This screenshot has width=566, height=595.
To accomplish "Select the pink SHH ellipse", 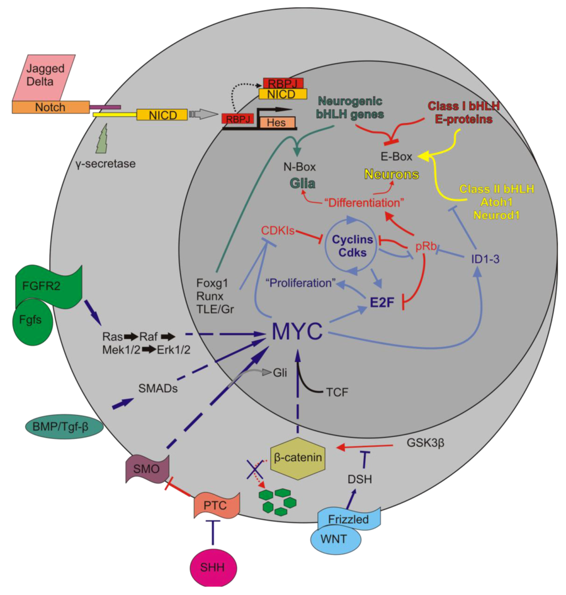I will click(x=213, y=567).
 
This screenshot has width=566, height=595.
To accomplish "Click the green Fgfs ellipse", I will click(x=34, y=320).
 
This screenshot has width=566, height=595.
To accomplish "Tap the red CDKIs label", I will click(x=279, y=229).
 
